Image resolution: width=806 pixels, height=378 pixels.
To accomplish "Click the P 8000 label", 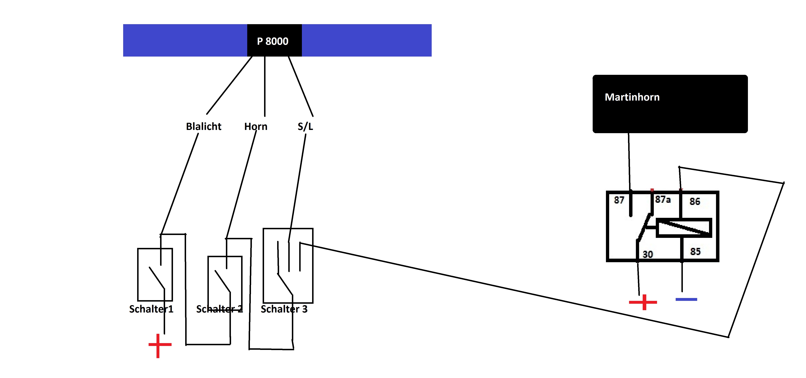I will tap(272, 41).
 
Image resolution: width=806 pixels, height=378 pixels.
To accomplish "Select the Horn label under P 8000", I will tap(256, 127).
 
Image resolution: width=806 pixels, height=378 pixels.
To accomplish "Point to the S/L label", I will tap(305, 127).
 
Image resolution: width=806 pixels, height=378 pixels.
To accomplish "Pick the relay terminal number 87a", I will tap(663, 199).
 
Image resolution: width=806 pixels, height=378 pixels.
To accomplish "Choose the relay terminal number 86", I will tap(695, 202).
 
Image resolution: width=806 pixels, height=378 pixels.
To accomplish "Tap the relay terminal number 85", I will tap(695, 251).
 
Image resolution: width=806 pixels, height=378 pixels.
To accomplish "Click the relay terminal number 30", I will tap(648, 254).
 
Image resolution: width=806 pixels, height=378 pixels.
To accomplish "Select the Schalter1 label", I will tap(151, 309).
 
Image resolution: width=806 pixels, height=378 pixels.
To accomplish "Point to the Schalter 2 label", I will tap(219, 309).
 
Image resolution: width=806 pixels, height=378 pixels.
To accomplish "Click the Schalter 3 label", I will tap(284, 309).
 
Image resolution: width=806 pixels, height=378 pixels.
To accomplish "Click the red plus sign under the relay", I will tap(643, 302).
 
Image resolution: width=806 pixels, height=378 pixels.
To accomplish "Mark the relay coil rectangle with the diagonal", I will tap(684, 228).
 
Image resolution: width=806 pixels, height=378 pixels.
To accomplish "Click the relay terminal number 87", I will tap(619, 200).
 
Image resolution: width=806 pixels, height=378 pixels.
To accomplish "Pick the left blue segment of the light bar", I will tap(185, 40).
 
